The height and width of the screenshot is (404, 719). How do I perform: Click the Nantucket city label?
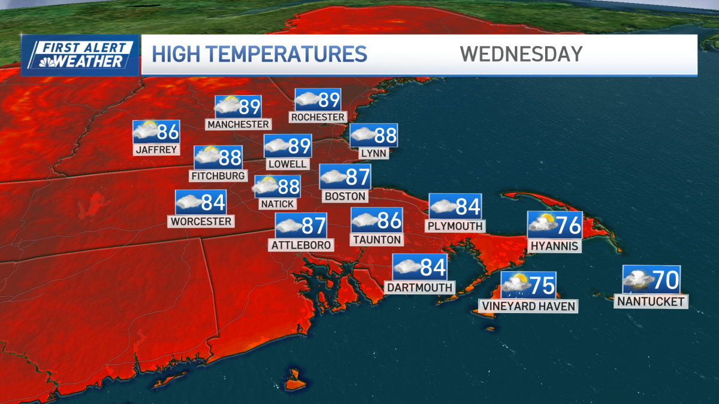coord(651,302)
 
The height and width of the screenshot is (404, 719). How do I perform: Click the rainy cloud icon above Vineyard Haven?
coord(515,284)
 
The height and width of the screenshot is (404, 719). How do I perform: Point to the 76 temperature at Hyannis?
coord(569,226)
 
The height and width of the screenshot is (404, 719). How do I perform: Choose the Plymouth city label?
coord(455,226)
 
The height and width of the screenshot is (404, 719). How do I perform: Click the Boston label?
coord(345,196)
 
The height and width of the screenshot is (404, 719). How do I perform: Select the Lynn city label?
coord(374,153)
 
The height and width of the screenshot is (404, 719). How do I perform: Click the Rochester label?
coord(318,117)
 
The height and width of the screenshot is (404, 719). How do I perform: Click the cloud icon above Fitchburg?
coord(207,157)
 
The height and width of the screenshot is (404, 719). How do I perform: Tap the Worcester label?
coord(201,221)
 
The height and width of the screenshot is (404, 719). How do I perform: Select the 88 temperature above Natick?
coord(288,187)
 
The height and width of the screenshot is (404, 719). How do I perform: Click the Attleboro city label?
coord(301,245)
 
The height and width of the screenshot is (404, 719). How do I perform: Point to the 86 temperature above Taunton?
coord(389,220)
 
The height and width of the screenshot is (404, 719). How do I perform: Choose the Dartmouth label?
coord(419,287)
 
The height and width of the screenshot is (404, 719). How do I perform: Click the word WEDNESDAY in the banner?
coord(521,54)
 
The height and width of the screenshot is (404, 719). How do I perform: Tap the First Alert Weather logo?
coord(80,55)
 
